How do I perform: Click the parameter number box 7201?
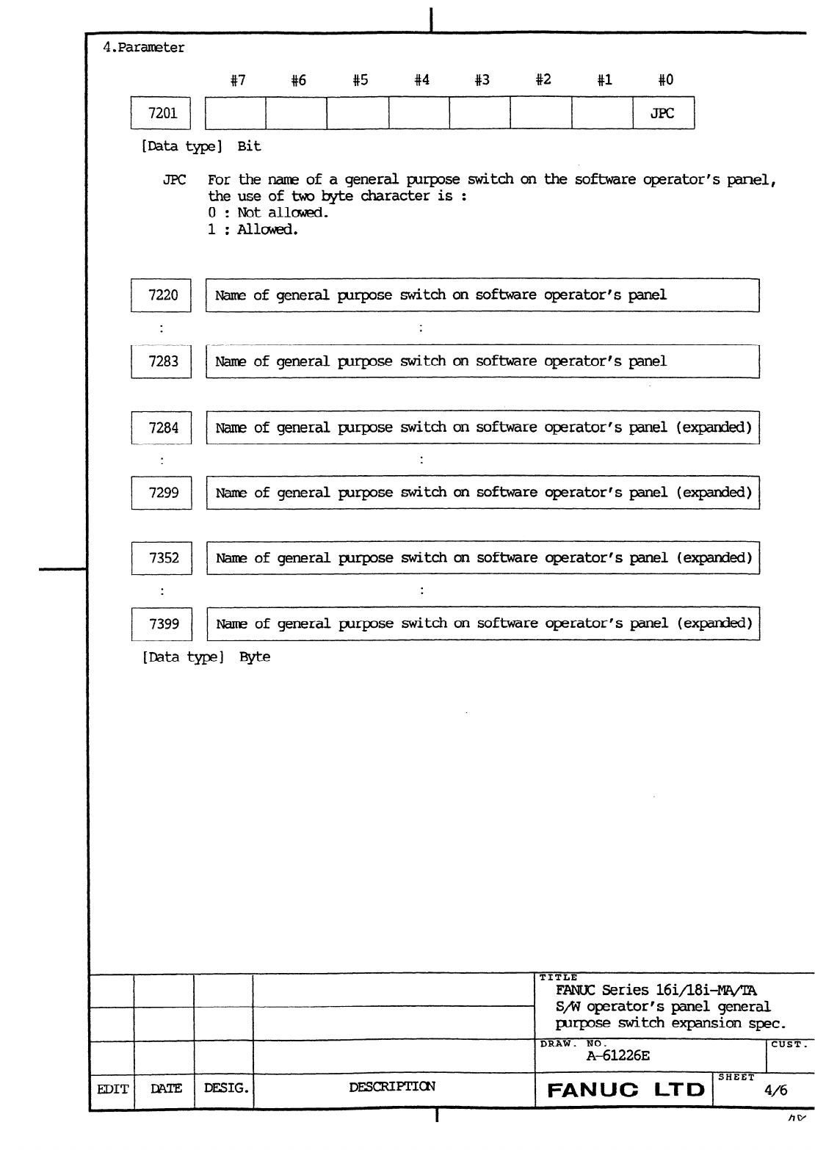coord(161,113)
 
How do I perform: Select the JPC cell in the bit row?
coord(663,113)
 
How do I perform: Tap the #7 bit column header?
coord(237,80)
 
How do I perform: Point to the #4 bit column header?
coord(421,80)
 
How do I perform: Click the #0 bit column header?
coord(665,80)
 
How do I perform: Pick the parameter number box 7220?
coord(161,295)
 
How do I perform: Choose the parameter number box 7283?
coord(161,361)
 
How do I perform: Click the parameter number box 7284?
coord(161,427)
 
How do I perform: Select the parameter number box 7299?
coord(161,492)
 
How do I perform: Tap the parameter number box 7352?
coord(161,558)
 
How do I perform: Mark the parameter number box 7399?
coord(161,623)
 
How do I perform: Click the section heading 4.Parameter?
coord(144,48)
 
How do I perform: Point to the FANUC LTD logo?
coord(626,1090)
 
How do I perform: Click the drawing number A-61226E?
coord(617,1056)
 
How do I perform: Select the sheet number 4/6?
coord(775,1091)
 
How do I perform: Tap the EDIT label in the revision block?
coord(112,1089)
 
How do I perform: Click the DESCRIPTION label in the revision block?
coord(392,1087)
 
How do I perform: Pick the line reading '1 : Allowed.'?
coord(253,229)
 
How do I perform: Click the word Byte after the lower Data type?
coord(255,657)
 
